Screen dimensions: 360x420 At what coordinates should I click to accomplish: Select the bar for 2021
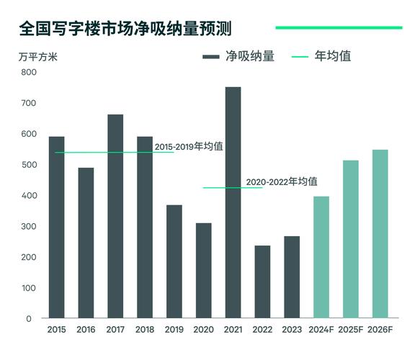tap(233, 202)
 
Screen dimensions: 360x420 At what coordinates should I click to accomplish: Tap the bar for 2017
tap(115, 216)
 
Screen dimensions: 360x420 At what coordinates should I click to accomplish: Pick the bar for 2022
tap(262, 282)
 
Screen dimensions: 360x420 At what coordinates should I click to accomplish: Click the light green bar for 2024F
tap(321, 257)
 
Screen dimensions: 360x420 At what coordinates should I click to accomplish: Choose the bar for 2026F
tap(380, 234)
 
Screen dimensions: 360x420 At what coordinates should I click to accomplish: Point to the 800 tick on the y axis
tap(27, 72)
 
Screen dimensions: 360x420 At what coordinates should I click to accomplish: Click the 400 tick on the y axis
tap(27, 196)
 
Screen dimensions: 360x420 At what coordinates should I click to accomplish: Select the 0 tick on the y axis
tap(30, 318)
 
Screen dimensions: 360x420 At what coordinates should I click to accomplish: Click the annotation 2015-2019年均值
tap(189, 147)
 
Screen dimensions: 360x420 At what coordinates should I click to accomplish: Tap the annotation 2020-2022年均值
tap(282, 182)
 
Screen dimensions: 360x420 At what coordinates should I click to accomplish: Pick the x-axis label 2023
tap(292, 330)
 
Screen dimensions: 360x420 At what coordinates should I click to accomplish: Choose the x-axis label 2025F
tap(350, 330)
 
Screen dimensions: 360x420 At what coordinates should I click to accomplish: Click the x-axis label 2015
tap(56, 330)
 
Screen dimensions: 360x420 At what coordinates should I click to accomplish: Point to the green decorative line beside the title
tap(339, 28)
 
